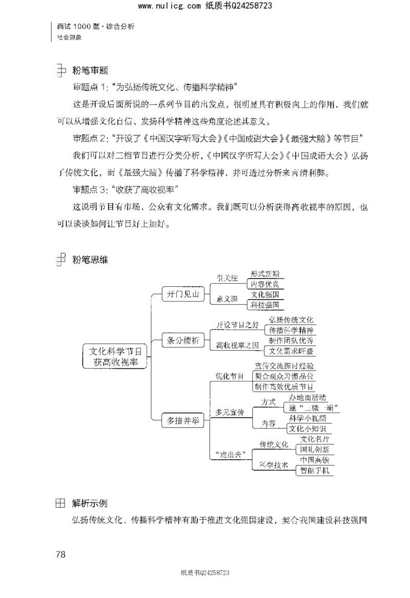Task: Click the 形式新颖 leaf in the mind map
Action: [265, 274]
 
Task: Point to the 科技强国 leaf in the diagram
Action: [265, 305]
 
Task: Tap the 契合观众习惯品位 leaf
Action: [284, 376]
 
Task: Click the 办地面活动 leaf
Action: [307, 397]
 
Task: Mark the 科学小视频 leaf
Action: [307, 418]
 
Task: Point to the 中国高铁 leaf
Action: [314, 460]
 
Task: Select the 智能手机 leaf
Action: [314, 470]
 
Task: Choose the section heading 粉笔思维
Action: [90, 260]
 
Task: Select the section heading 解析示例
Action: [90, 503]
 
